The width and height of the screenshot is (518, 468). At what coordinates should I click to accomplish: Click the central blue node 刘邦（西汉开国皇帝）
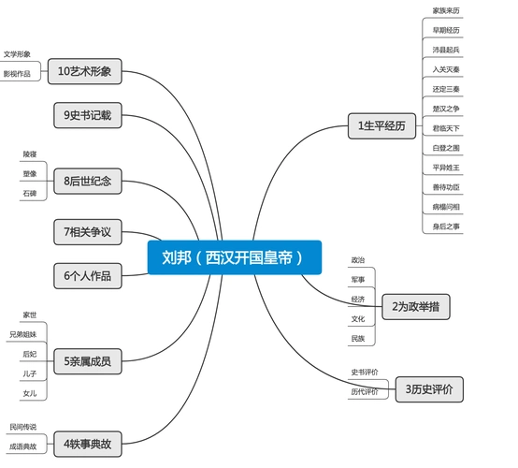point(234,257)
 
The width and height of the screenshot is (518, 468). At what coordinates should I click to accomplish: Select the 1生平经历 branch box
point(381,126)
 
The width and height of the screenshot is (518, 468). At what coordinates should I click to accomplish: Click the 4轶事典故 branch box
point(87,443)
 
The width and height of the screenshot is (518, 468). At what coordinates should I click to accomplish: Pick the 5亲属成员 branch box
point(87,360)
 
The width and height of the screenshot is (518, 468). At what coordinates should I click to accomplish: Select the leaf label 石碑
point(30,193)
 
